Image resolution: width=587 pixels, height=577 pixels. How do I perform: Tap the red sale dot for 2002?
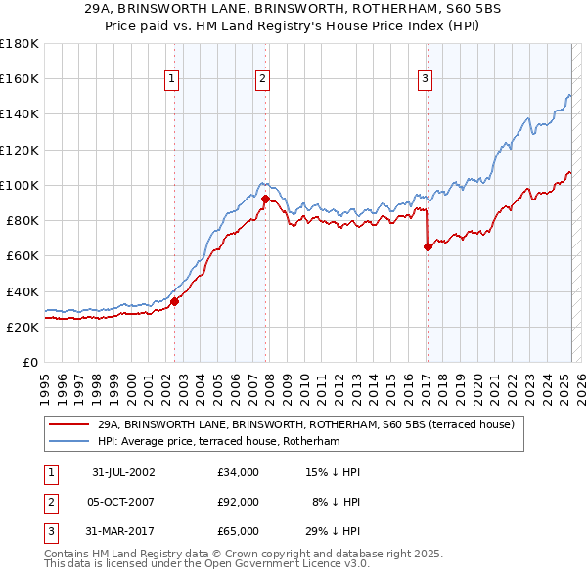click(175, 301)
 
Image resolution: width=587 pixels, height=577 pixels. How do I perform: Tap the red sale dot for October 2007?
click(266, 199)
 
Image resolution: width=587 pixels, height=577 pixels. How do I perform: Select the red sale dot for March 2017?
click(428, 246)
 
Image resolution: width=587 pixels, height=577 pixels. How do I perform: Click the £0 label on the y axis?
click(30, 362)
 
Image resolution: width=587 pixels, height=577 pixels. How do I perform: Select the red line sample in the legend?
click(69, 424)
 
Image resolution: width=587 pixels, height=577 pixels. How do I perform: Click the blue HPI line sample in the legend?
click(69, 442)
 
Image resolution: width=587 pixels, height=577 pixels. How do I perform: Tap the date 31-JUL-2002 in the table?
click(123, 472)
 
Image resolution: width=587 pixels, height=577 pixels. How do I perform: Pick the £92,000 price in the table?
click(239, 502)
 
